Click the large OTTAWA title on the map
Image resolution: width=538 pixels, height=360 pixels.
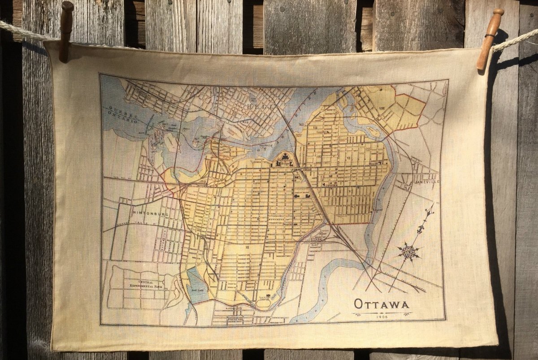coord(382,304)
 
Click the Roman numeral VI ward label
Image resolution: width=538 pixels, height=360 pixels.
coord(348,158)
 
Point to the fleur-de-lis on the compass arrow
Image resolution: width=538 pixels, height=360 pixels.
coord(421,229)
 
